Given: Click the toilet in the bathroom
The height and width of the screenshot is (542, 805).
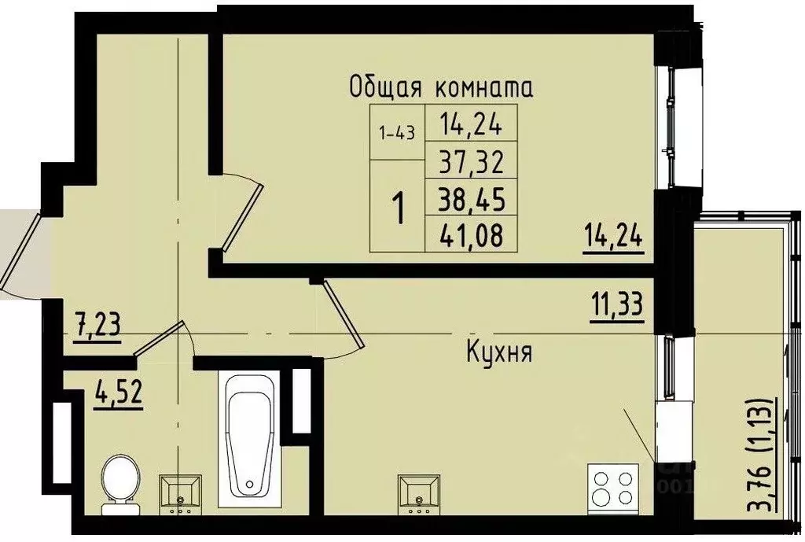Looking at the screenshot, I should [120, 481].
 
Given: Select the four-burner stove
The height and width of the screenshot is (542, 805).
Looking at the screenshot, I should [612, 488].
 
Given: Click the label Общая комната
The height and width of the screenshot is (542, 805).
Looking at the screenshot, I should [441, 87].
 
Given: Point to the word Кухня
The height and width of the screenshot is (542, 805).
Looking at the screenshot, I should [498, 352].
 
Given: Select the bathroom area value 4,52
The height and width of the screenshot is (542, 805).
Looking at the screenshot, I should [118, 391].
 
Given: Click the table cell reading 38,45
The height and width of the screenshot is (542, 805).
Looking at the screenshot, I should [472, 199].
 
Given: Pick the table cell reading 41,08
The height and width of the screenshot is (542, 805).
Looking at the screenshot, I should [472, 234].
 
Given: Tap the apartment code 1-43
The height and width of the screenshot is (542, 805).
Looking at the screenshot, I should [397, 132].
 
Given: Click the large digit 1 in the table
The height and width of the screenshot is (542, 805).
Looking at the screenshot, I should [399, 208].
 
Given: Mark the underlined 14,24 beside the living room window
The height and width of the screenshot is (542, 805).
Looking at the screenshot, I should [613, 235].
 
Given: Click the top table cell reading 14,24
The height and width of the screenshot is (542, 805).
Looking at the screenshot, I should [472, 124].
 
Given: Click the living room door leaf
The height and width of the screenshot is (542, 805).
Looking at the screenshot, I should [242, 213].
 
